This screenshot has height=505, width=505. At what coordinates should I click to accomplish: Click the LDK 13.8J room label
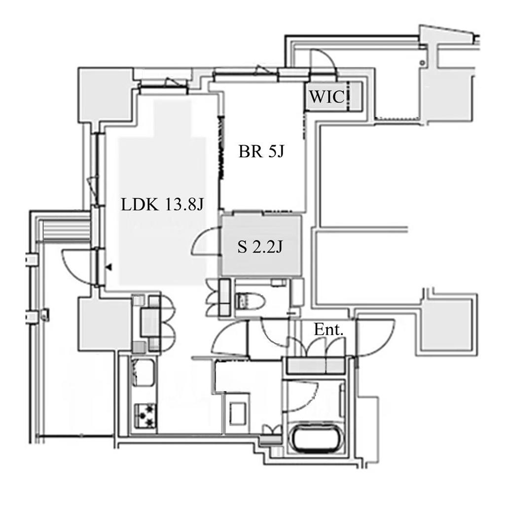[x=163, y=204]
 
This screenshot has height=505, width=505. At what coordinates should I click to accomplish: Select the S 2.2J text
[x=260, y=247]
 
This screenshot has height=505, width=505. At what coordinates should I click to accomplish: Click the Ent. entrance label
[x=327, y=330]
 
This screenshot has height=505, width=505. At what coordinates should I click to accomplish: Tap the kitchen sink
[x=144, y=373]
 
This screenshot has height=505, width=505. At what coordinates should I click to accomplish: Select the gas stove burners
[x=145, y=415]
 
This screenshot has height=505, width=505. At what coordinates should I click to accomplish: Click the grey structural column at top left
[x=106, y=95]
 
